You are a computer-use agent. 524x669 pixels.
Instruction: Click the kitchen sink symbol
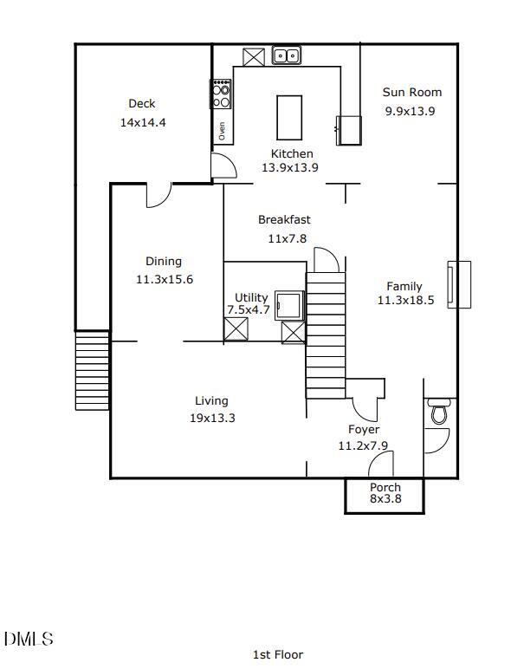point(286,55)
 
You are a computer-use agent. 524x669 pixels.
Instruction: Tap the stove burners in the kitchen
point(222,94)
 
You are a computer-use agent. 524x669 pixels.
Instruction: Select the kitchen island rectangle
point(289,113)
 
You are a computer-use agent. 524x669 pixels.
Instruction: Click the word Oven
point(222,132)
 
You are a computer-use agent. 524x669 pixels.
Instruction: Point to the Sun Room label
point(412,92)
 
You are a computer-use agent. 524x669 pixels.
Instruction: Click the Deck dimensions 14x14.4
point(143,122)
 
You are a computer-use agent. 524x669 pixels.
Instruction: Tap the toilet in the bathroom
point(439,412)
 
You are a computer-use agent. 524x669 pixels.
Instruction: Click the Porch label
point(385,487)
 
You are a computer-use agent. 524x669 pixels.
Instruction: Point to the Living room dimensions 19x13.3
point(212,418)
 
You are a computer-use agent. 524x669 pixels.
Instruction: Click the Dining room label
point(164,261)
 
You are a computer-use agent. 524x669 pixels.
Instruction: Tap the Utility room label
point(251,297)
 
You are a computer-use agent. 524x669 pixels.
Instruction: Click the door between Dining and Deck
point(158,195)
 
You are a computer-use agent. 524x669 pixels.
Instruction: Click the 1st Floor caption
point(277,654)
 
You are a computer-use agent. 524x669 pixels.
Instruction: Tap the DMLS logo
point(29,640)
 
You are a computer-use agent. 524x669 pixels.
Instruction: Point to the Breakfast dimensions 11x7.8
point(287,237)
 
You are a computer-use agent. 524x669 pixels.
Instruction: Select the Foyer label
point(364,429)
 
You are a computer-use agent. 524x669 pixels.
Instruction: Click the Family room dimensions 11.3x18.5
point(405,301)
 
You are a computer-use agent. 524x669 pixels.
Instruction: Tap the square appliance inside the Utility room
point(289,306)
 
